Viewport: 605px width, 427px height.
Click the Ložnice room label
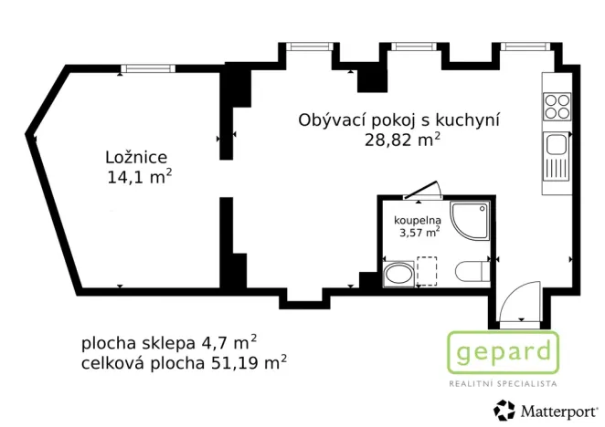(136, 158)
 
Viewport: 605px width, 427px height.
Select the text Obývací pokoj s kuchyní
(402, 120)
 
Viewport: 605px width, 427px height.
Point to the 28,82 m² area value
(402, 140)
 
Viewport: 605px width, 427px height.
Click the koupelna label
(418, 221)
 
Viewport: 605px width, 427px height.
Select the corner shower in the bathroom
(473, 220)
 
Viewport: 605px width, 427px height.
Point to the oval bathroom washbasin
(399, 275)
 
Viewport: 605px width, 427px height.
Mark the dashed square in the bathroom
(428, 271)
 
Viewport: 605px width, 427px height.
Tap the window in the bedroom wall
(149, 68)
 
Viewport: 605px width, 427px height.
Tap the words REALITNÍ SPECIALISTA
(502, 384)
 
